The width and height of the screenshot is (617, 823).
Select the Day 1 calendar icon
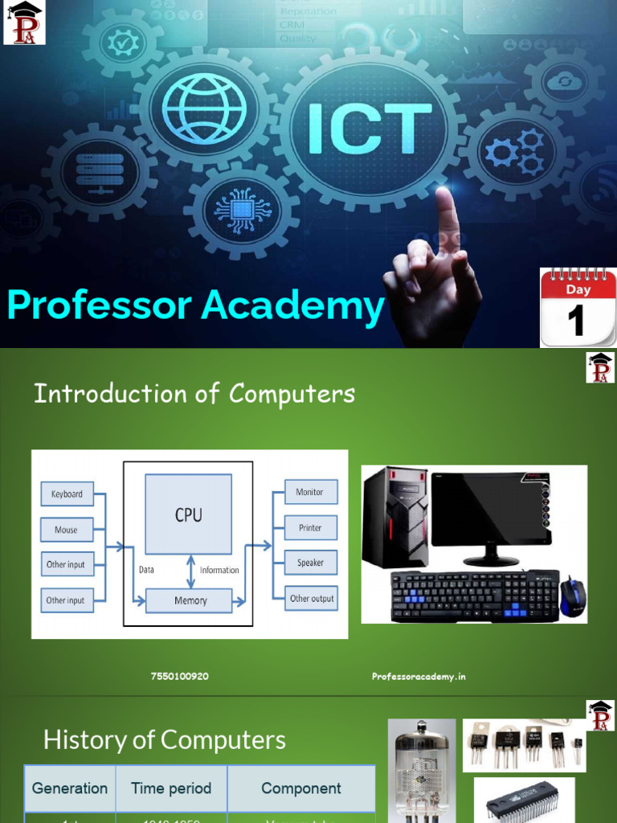(x=578, y=307)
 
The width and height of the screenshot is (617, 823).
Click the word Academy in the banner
(x=292, y=306)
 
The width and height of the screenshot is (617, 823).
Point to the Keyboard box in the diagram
(x=67, y=494)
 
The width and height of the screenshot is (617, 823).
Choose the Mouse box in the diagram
(x=67, y=530)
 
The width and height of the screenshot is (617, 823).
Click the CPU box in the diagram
(x=188, y=514)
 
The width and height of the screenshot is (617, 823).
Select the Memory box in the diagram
(x=190, y=600)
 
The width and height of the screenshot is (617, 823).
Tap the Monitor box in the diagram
(x=310, y=492)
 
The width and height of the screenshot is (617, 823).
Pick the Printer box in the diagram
(x=310, y=528)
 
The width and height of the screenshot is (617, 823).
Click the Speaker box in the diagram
(x=310, y=563)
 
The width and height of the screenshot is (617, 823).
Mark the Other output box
(x=312, y=598)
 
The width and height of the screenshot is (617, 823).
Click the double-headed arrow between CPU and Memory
(x=190, y=571)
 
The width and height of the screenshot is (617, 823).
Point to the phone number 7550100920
(x=179, y=677)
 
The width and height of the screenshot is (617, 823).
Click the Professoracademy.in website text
(x=419, y=677)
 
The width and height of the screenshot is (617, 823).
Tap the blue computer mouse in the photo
(x=572, y=597)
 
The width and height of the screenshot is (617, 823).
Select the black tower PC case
(x=394, y=518)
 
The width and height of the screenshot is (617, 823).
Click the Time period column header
(x=171, y=788)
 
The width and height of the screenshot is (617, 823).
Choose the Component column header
(x=301, y=788)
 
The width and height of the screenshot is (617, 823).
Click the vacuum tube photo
(x=422, y=772)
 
